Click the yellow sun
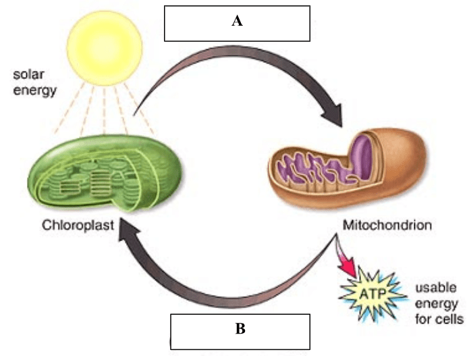click(109, 45)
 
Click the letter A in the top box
click(237, 22)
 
